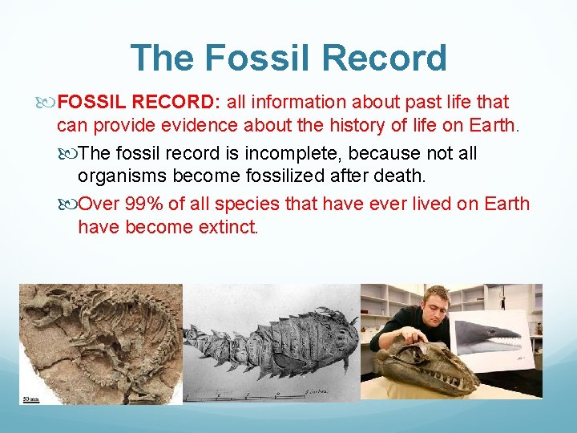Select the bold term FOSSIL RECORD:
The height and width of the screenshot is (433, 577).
pyautogui.click(x=139, y=103)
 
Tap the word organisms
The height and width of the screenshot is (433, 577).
pyautogui.click(x=119, y=176)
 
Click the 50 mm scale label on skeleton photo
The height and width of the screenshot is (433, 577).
pyautogui.click(x=32, y=397)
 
